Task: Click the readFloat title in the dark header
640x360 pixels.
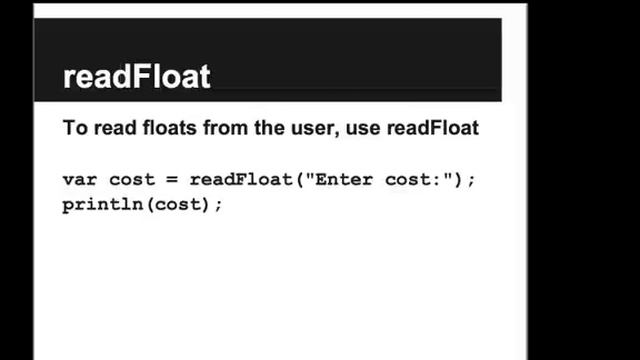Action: click(137, 76)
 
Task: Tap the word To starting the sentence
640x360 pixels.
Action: click(76, 128)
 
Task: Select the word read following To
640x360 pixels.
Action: click(115, 128)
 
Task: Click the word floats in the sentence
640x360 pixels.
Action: click(170, 128)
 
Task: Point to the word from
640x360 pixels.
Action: click(226, 128)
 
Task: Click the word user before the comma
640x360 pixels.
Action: click(314, 128)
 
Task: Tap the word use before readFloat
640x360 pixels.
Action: click(363, 129)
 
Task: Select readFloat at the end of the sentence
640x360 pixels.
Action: click(433, 128)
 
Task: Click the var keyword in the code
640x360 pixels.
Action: click(80, 180)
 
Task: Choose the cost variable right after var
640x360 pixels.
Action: click(132, 180)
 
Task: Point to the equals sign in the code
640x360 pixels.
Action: click(172, 180)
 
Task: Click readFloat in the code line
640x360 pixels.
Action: click(241, 179)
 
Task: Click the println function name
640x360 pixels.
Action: click(103, 204)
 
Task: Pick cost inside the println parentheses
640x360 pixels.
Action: click(178, 204)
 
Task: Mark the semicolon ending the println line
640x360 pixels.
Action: click(218, 205)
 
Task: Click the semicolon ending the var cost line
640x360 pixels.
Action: click(472, 180)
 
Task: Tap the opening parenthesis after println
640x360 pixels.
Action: click(150, 204)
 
